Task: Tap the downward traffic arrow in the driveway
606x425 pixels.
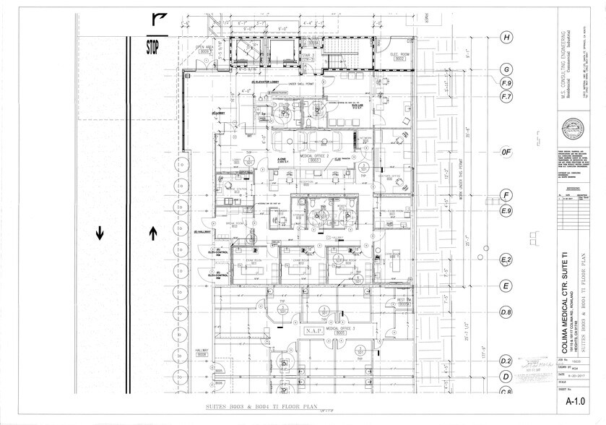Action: pyautogui.click(x=100, y=233)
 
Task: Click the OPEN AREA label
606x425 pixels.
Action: pyautogui.click(x=205, y=50)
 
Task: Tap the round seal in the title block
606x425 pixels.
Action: pyautogui.click(x=575, y=129)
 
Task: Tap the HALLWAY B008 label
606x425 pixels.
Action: pyautogui.click(x=202, y=353)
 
